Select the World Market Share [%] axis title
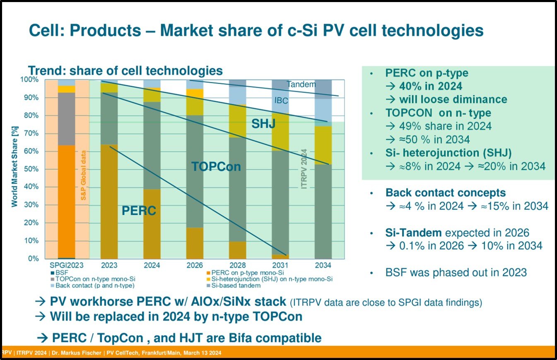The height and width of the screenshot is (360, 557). (x=14, y=169)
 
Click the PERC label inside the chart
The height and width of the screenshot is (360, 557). (x=139, y=211)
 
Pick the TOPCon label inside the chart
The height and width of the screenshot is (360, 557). (x=216, y=166)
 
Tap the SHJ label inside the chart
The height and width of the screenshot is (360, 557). (x=263, y=123)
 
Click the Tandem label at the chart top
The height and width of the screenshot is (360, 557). (x=301, y=84)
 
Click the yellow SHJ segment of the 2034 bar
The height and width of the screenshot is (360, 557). (x=323, y=145)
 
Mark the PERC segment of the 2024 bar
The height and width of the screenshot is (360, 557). (x=152, y=223)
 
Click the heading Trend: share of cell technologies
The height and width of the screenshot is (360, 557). (x=125, y=71)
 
